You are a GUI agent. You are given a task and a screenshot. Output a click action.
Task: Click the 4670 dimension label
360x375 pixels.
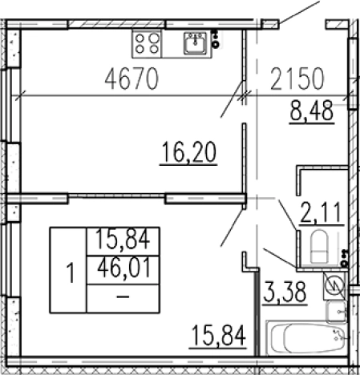point(131,79)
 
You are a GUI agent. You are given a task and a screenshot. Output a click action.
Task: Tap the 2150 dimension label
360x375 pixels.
point(297,79)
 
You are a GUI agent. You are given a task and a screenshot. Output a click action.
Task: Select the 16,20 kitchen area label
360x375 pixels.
point(188,152)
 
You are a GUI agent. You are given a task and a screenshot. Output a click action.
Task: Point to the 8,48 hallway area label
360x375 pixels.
point(312,111)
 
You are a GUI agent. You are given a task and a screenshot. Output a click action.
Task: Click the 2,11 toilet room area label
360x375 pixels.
point(322,213)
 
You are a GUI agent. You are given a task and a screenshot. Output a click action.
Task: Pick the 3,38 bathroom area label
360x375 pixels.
point(285,292)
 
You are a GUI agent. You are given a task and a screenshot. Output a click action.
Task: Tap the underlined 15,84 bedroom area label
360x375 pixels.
point(218,336)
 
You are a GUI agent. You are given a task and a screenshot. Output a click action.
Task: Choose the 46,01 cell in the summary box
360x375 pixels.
point(123,268)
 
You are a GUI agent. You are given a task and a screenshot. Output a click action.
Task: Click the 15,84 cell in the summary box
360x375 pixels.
point(123,240)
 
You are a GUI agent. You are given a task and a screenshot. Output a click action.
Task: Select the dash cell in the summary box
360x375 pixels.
point(123,296)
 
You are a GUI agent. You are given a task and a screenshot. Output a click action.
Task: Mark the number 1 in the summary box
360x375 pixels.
point(71,272)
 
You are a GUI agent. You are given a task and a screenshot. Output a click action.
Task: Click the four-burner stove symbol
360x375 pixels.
point(147,44)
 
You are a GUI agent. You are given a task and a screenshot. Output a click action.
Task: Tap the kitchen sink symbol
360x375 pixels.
point(196,43)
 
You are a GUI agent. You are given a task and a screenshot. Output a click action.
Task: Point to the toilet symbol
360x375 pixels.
point(319,247)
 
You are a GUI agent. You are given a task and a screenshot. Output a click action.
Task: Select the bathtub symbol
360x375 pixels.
point(307,338)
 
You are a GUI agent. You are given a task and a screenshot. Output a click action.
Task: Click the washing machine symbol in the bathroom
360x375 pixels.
point(334,285)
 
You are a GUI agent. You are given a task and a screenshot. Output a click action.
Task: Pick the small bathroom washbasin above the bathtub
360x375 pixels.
point(337,312)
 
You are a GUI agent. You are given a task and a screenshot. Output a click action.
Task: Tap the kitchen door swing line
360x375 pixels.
point(232,99)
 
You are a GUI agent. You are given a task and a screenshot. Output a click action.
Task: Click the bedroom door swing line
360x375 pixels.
point(232,228)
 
